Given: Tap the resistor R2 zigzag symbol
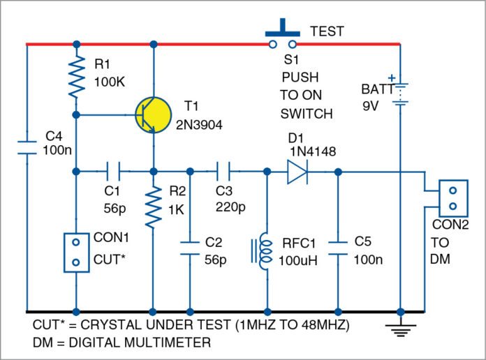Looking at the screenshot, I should pyautogui.click(x=153, y=206).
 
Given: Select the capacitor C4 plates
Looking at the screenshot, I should pyautogui.click(x=27, y=147).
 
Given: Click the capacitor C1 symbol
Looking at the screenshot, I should pyautogui.click(x=114, y=170).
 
